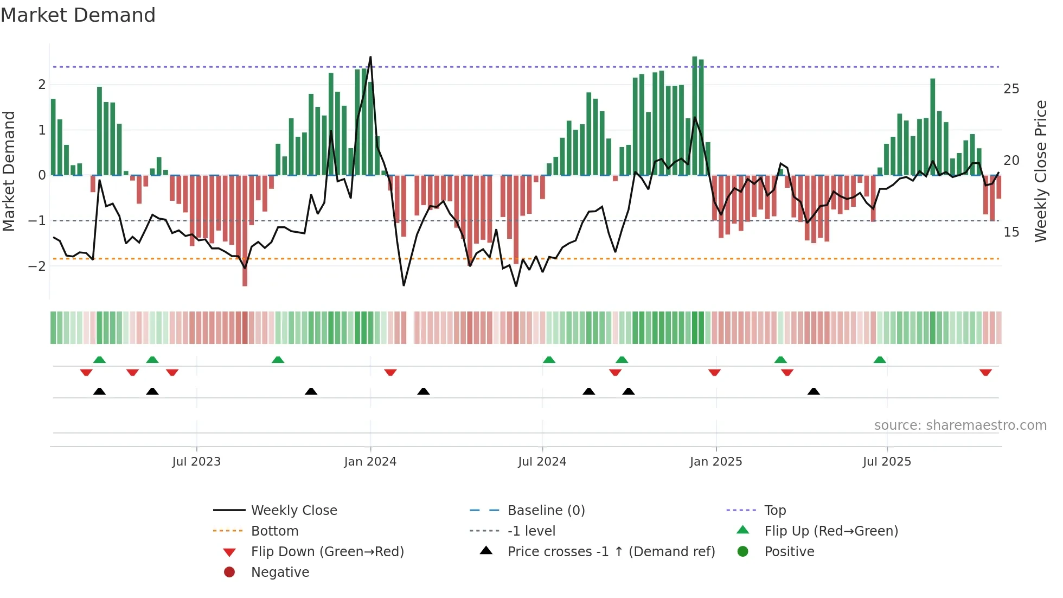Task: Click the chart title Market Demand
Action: pos(78,15)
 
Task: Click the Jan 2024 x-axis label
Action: pos(370,462)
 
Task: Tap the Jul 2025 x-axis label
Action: pos(887,462)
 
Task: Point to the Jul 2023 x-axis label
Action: pos(196,462)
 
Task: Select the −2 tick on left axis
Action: pos(37,266)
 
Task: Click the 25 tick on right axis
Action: pos(1011,89)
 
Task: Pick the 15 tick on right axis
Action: pos(1011,232)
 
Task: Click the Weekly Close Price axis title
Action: pos(1040,171)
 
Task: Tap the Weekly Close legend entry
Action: pos(293,511)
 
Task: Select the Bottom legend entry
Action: pos(274,531)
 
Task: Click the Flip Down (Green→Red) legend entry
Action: pos(327,552)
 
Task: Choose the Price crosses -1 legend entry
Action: pos(611,552)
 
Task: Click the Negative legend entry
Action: pos(280,572)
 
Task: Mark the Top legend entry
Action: pos(774,511)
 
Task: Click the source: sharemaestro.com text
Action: pos(960,425)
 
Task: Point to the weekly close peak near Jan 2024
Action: pos(370,57)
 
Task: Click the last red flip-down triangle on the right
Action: pos(985,373)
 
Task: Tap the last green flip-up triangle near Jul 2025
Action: pos(880,360)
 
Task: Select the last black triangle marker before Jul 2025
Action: pos(814,391)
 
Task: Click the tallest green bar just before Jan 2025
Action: pos(695,116)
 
